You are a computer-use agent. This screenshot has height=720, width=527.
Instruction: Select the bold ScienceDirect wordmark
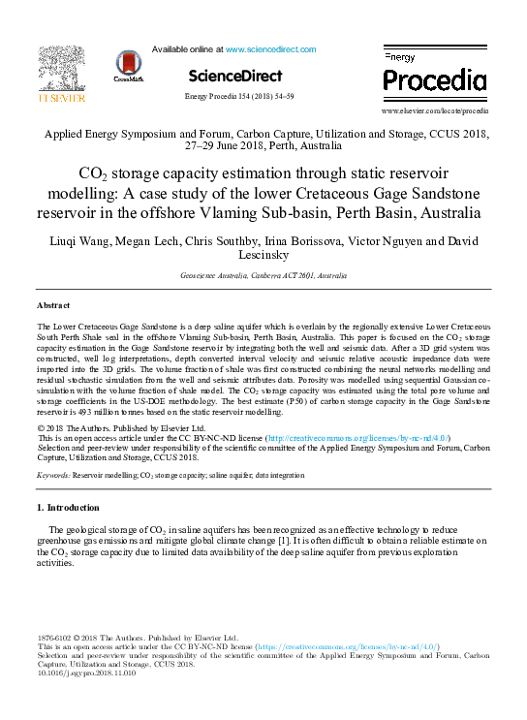[234, 76]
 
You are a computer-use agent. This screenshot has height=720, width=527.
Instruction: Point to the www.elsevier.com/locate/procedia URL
[435, 111]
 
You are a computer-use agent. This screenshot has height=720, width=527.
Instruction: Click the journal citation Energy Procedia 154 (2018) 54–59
[238, 97]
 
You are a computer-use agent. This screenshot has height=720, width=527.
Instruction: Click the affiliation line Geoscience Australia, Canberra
[263, 276]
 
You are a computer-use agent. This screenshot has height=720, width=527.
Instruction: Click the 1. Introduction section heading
[68, 507]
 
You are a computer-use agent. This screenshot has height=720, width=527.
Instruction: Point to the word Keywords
[52, 476]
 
